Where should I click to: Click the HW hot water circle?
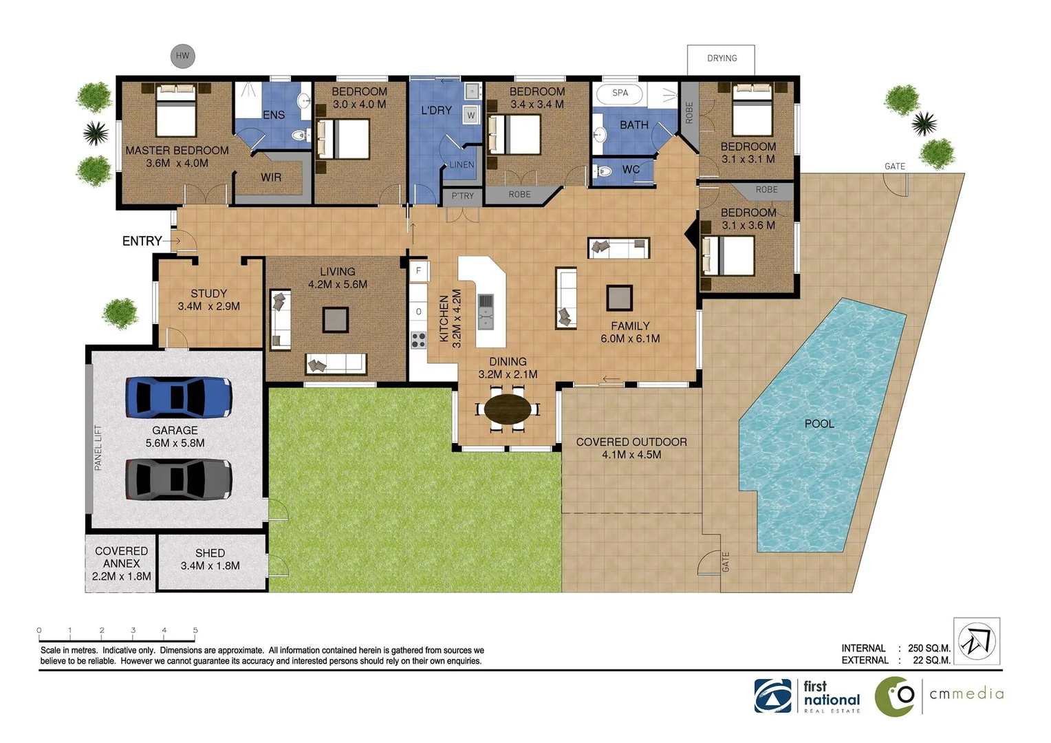pos(182,56)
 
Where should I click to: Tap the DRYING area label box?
pos(721,60)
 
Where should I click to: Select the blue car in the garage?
pos(179,397)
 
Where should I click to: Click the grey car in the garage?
pos(179,480)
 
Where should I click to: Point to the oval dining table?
pos(508,409)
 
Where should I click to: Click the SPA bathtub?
pos(620,94)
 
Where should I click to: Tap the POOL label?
pos(819,423)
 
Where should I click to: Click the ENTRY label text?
pos(142,241)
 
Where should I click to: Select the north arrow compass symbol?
pos(977,641)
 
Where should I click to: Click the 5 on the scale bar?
pos(195,630)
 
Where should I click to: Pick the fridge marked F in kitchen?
pos(418,270)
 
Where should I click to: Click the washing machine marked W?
pos(470,115)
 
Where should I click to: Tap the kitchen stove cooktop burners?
pos(418,340)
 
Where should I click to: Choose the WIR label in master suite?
pos(271,177)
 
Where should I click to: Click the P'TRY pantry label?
pos(463,195)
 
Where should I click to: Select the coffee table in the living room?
pos(336,320)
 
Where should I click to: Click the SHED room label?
pos(210,553)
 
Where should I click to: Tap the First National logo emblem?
pos(772,696)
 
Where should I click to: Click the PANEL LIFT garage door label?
pos(98,448)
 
